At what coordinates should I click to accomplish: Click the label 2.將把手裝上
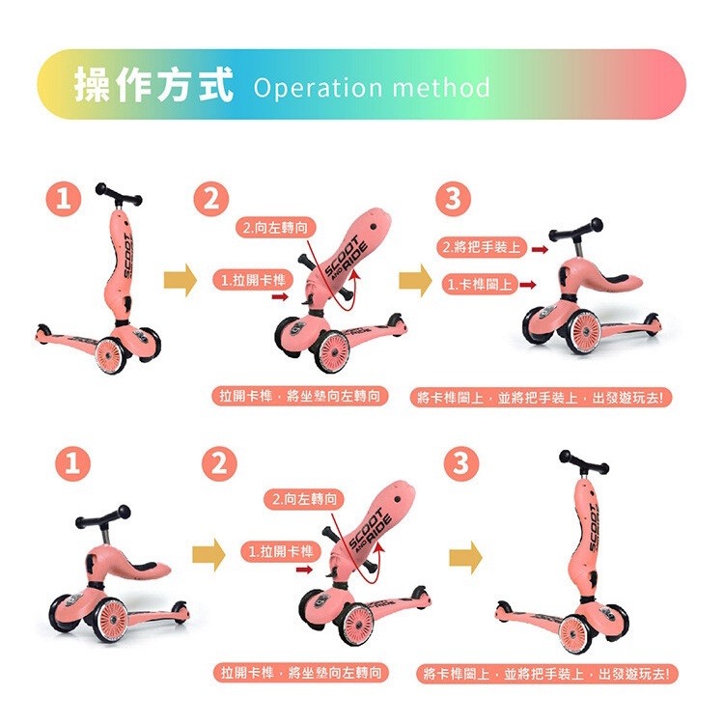coord(480,248)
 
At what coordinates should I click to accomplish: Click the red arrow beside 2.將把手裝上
coord(540,249)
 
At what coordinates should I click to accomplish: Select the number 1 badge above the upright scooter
coord(66,200)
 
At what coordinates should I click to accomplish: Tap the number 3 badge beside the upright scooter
coord(460,463)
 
